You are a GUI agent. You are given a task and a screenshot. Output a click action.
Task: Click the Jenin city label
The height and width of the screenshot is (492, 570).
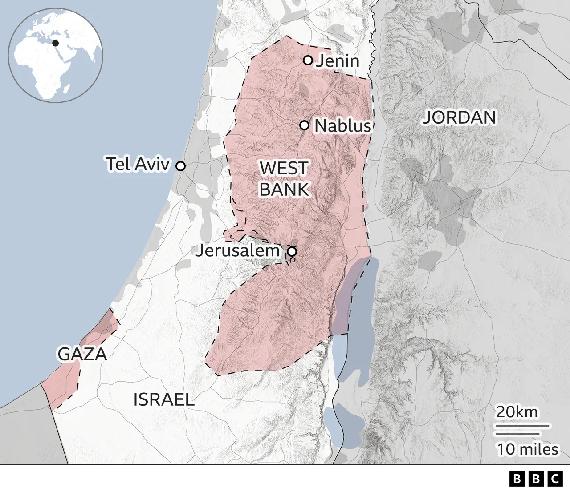[338, 61]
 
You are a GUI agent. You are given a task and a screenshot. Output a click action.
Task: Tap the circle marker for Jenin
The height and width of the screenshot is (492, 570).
[308, 60]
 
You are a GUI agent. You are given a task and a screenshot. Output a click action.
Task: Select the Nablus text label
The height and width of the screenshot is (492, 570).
[342, 126]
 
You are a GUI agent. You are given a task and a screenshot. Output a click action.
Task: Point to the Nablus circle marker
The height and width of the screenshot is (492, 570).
[305, 125]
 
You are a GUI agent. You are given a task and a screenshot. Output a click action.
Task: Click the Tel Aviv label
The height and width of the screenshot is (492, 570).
[138, 164]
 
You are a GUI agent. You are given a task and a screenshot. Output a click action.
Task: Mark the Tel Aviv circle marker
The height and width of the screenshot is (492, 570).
[180, 166]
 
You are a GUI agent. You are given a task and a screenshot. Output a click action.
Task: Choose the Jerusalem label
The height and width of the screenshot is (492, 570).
[238, 250]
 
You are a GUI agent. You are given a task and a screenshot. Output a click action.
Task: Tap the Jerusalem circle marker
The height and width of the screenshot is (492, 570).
[292, 252]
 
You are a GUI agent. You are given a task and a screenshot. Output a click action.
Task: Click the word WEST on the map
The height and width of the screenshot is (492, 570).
[284, 169]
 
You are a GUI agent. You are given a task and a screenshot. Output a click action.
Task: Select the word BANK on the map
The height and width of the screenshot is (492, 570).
[284, 190]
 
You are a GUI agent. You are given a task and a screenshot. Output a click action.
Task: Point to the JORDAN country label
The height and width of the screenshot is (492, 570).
[459, 117]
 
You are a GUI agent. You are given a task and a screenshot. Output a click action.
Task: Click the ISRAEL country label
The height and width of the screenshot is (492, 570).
[164, 399]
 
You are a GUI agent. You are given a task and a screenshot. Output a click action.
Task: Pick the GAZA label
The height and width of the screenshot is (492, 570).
[82, 354]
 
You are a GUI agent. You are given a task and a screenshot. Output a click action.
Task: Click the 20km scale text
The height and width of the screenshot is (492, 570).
[517, 412]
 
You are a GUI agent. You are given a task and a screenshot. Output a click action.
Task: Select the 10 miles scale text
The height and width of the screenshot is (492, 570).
[527, 449]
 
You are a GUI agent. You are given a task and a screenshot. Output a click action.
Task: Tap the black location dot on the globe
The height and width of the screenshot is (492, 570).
[56, 43]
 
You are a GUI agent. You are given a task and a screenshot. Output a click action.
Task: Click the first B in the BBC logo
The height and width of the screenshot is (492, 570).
[517, 479]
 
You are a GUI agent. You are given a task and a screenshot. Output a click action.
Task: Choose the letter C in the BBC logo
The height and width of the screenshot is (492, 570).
[555, 479]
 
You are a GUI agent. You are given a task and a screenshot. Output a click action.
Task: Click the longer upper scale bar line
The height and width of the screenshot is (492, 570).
[523, 426]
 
